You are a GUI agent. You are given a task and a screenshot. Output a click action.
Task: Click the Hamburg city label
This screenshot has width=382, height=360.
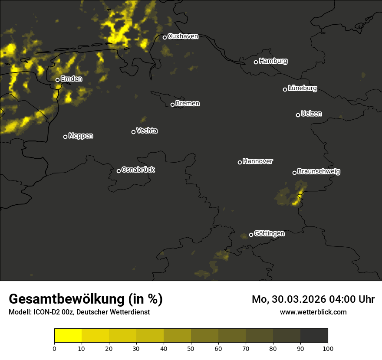point(273,61)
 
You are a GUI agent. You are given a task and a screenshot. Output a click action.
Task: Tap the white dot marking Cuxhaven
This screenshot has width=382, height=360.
point(165,37)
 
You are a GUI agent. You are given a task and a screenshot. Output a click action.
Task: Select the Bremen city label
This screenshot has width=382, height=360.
point(188,104)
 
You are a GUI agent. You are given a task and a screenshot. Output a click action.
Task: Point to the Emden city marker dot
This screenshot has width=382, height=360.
point(57,80)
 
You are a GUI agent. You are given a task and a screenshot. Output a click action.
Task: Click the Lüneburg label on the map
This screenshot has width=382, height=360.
point(302,88)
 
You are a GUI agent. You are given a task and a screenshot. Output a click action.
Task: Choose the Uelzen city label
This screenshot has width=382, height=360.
point(311,114)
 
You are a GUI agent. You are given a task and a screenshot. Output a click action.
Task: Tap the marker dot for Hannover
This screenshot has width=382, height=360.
point(240,162)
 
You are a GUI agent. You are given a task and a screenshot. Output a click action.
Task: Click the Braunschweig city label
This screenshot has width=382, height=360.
point(319,172)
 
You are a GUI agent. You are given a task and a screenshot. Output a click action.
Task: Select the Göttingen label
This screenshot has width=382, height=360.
point(269,234)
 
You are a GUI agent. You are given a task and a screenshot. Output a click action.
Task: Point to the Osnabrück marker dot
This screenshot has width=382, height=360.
point(119,171)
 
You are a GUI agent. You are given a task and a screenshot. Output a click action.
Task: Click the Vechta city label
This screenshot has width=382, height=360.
point(147,131)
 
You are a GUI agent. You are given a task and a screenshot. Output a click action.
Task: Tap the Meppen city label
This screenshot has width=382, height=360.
point(81,136)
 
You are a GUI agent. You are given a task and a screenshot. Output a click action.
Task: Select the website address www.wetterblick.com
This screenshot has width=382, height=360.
point(313,312)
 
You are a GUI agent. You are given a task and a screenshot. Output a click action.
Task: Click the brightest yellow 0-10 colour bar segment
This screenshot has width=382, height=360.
point(68,335)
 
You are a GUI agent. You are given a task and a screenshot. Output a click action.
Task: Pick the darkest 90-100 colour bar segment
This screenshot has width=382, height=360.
point(314,335)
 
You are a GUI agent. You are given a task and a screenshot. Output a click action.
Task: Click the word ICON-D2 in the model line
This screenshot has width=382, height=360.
point(45,312)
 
